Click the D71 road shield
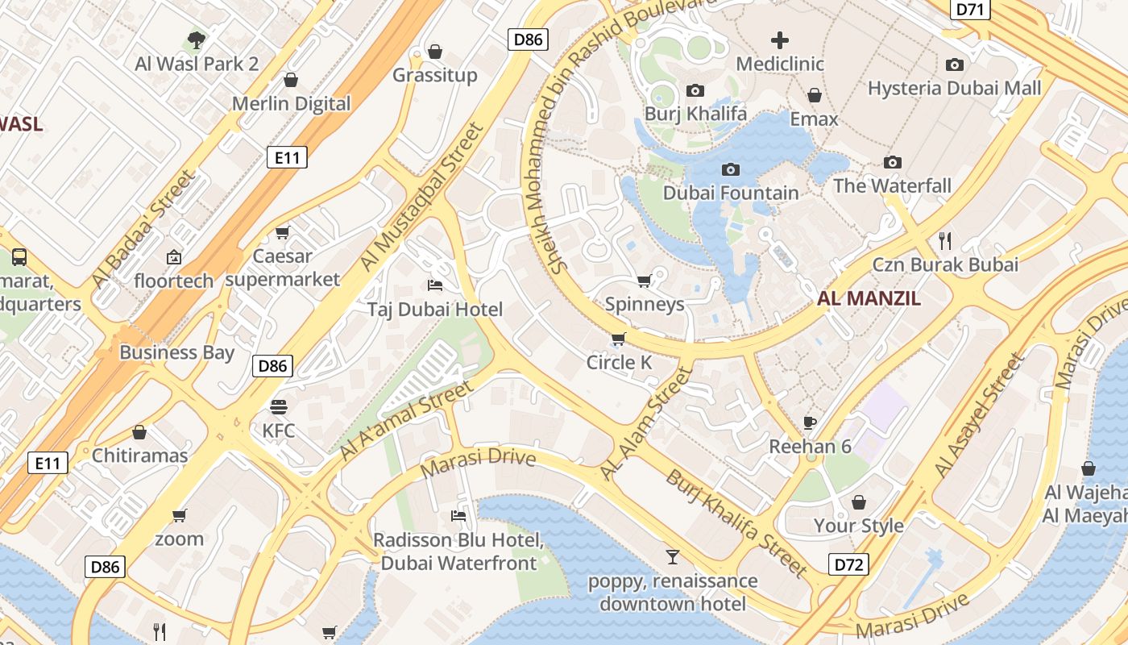[x=970, y=9]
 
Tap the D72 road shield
[x=849, y=564]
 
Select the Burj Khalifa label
[x=695, y=114]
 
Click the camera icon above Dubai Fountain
[x=731, y=169]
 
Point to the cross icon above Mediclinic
[x=779, y=40]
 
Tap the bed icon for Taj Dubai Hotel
[x=434, y=285]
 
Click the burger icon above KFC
[x=279, y=406]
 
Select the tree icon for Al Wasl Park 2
[x=197, y=40]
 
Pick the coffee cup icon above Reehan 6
[x=810, y=422]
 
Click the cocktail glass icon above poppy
[x=672, y=556]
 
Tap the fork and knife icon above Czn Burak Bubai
[x=945, y=240]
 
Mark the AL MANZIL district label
[x=869, y=298]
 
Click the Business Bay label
[x=176, y=352]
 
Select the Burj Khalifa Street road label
[x=736, y=523]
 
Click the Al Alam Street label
[x=646, y=424]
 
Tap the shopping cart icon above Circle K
[x=618, y=339]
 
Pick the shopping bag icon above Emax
[x=814, y=95]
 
